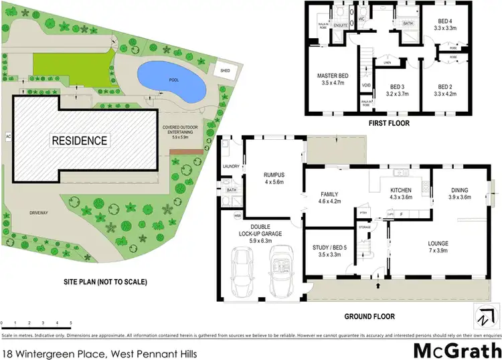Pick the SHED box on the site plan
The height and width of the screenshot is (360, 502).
[224, 70]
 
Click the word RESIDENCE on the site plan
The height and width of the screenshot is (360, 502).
[80, 141]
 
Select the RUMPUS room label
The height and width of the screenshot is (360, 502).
[274, 178]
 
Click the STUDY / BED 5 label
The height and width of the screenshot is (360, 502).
[331, 251]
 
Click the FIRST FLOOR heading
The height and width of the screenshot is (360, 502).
[389, 123]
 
